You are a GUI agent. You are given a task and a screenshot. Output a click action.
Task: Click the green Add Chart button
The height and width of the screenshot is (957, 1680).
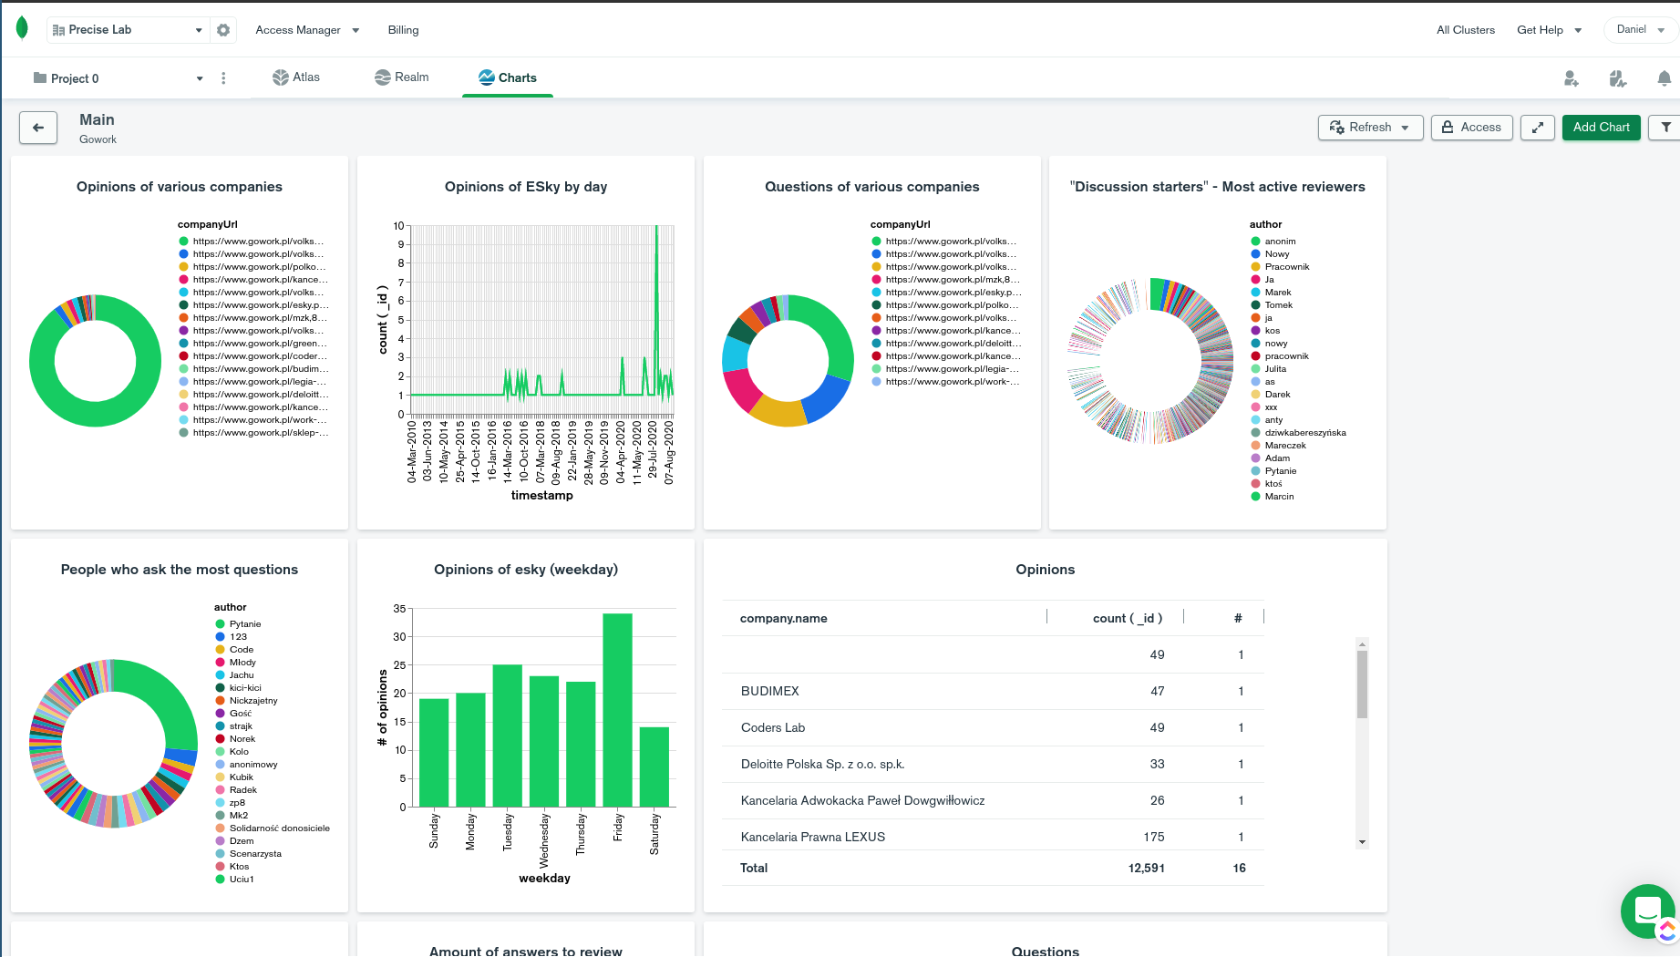[x=1601, y=128]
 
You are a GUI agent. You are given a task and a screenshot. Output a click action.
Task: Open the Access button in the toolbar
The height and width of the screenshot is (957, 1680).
[x=1471, y=128]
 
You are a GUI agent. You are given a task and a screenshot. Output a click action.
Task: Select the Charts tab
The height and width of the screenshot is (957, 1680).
[x=508, y=77]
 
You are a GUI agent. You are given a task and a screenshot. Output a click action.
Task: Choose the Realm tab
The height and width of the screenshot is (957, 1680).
[x=402, y=77]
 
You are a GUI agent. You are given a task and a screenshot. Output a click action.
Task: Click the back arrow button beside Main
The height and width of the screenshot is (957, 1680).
[x=38, y=128]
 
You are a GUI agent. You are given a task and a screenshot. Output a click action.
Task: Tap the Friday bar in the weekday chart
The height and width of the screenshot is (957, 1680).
[x=617, y=710]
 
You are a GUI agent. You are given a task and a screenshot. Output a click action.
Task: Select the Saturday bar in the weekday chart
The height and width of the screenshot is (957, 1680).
[x=654, y=767]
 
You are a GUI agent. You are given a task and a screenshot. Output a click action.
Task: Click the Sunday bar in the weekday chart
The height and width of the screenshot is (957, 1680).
[x=434, y=753]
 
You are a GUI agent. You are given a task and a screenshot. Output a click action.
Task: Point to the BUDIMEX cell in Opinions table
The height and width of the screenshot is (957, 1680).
[x=770, y=691]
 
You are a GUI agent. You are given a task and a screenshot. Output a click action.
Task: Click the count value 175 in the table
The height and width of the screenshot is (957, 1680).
[x=1154, y=837]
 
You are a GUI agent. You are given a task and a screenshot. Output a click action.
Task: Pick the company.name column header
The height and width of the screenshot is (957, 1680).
[x=784, y=618]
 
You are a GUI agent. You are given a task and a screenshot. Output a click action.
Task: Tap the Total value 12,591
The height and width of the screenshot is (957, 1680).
[x=1147, y=868]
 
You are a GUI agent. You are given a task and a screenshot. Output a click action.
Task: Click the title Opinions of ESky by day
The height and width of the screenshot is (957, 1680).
[x=526, y=187]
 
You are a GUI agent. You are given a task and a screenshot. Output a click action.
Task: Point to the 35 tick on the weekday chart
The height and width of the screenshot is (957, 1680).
[x=399, y=609]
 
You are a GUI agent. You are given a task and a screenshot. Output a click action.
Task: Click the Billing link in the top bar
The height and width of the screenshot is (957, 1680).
[x=403, y=30]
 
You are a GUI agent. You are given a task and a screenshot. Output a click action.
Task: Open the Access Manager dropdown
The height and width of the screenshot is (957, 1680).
[x=307, y=30]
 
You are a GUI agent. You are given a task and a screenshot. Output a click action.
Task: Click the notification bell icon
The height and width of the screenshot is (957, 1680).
[x=1664, y=78]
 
